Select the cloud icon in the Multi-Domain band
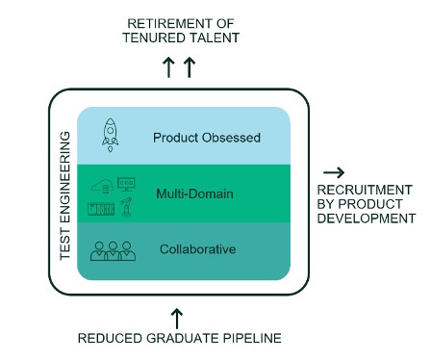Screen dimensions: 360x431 pyautogui.click(x=103, y=186)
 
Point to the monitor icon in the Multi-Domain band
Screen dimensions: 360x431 pyautogui.click(x=125, y=183)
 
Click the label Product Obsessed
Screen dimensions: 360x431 pyautogui.click(x=206, y=138)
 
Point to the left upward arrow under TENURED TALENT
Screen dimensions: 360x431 pyautogui.click(x=168, y=67)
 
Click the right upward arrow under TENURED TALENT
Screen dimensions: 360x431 pyautogui.click(x=190, y=67)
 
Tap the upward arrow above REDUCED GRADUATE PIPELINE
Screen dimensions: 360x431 pyautogui.click(x=176, y=317)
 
